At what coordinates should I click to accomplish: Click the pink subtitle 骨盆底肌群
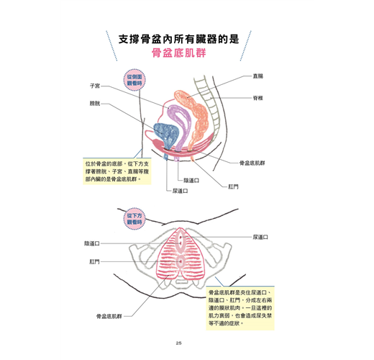pos(178,53)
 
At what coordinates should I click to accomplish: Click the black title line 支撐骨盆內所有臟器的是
pos(179,39)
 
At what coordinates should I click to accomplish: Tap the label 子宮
pos(95,86)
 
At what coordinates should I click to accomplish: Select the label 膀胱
pos(95,104)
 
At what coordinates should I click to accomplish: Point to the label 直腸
pos(258,76)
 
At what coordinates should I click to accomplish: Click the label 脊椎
pos(258,98)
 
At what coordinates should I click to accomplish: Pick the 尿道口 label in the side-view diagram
pos(181,191)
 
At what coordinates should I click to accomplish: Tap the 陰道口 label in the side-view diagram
pos(191,180)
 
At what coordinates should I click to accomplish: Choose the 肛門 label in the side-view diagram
pos(233,186)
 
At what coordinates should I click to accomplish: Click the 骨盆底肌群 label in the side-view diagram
pos(252,163)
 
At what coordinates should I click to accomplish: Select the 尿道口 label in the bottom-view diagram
pos(260,237)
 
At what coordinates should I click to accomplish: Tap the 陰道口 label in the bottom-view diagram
pos(92,243)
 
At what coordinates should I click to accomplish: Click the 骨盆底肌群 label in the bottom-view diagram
pos(109,316)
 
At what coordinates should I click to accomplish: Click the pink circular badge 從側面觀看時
pos(134,80)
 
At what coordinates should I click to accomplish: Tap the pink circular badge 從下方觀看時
pos(134,219)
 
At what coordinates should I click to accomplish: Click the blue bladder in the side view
pos(165,133)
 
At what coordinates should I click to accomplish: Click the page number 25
pos(178,343)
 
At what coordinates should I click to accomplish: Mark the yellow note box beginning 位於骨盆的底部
pos(117,171)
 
